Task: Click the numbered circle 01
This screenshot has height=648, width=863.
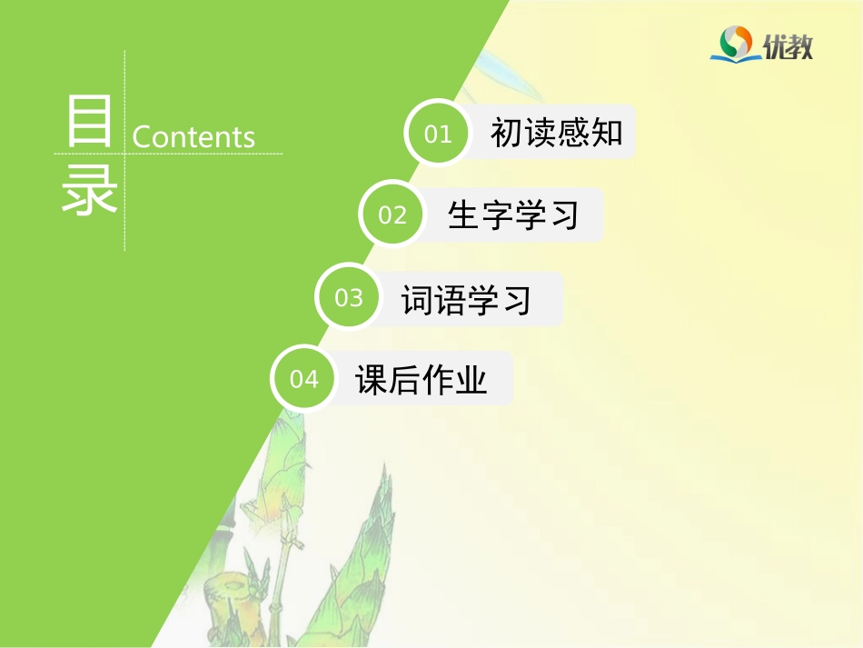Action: [x=438, y=133]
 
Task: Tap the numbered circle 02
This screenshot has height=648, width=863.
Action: [x=392, y=214]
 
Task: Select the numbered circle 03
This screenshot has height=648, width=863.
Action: [x=349, y=297]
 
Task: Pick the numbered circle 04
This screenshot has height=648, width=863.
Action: [x=304, y=378]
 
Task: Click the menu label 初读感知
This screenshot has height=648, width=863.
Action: [x=557, y=133]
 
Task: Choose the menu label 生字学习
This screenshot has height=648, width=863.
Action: [x=513, y=214]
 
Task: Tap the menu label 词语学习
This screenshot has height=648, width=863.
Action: [x=467, y=299]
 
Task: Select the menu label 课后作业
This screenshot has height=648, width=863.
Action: [x=422, y=379]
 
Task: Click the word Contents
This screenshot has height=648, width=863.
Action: [x=193, y=136]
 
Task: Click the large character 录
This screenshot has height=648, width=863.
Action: [x=89, y=192]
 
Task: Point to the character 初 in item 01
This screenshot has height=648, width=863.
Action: [x=507, y=133]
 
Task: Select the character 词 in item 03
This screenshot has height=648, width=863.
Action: [x=417, y=299]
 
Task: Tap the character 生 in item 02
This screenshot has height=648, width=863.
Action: [x=464, y=214]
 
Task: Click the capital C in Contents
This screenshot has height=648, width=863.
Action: [x=142, y=136]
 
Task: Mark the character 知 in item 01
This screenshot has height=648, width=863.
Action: [x=607, y=133]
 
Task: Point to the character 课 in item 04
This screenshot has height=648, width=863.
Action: [x=372, y=379]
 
